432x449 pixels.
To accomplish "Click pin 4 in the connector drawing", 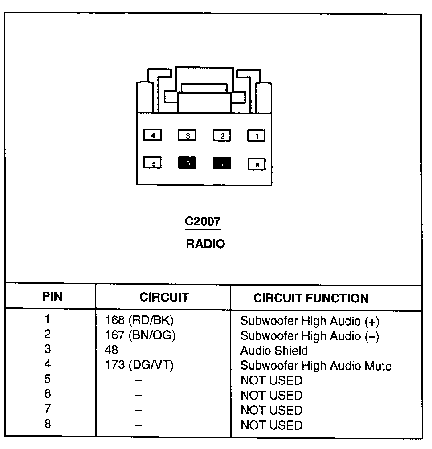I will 153,135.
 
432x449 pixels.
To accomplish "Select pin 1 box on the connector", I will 256,135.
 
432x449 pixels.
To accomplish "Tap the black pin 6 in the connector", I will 187,163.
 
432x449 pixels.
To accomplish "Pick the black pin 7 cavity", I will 222,163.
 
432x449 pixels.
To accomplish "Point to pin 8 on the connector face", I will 257,165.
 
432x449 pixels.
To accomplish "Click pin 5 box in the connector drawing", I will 153,163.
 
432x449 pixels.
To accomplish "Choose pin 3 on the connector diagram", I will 187,135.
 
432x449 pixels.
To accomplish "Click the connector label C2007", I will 203,221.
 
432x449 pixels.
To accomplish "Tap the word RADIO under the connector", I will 205,244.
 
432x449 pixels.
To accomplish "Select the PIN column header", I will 52,297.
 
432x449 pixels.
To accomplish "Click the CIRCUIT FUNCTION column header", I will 311,298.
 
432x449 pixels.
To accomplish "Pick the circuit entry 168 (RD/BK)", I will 139,320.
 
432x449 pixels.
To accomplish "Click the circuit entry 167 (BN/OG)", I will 140,335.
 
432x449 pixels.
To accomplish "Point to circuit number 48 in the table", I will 112,350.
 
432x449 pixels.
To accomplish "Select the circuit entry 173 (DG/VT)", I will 139,366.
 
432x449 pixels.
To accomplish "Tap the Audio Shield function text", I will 274,351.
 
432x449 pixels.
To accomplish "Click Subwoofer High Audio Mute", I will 316,366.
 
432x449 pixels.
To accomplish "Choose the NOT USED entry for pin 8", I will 271,425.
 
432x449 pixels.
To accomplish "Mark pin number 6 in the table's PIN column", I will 48,394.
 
